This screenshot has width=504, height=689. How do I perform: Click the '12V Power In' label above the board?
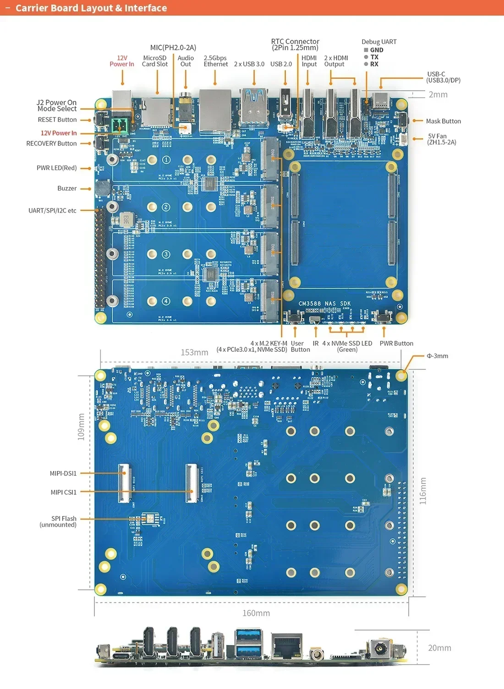(x=122, y=61)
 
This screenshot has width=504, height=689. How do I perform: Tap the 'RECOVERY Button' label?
(x=51, y=143)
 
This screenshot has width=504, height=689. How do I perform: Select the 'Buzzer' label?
(x=67, y=188)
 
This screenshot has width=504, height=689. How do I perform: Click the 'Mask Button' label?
(x=443, y=121)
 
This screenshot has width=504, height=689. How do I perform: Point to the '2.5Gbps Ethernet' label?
(x=215, y=61)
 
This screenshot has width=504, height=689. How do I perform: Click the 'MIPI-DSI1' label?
(x=63, y=473)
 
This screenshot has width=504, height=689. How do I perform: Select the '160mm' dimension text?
(x=256, y=613)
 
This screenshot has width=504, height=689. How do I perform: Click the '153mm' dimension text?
(x=194, y=352)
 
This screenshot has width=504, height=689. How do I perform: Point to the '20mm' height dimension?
(x=439, y=648)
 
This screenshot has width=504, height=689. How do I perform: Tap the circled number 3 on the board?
(x=166, y=254)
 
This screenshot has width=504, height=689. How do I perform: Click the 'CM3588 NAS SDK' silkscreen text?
(x=324, y=303)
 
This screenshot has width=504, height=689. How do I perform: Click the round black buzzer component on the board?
(x=104, y=188)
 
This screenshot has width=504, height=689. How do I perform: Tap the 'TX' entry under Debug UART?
(x=374, y=57)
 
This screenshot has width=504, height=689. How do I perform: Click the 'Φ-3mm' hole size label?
(x=437, y=356)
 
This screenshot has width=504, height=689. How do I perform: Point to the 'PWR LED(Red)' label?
(x=56, y=168)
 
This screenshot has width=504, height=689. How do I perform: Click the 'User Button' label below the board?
(x=300, y=346)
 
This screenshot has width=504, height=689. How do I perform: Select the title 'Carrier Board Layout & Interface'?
(x=91, y=8)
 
